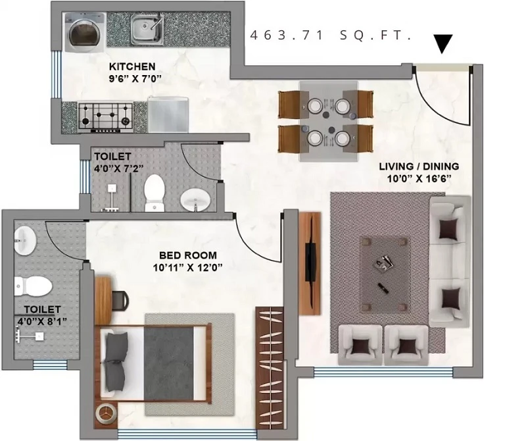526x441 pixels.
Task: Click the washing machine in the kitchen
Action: point(85,32)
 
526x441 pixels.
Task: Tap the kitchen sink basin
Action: point(147,30)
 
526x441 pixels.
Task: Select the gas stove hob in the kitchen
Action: point(105,117)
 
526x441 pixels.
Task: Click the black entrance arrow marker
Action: point(442,43)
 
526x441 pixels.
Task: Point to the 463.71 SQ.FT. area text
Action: point(331,36)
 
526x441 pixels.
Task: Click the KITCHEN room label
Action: point(132,66)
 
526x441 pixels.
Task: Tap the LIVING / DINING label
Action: point(419,167)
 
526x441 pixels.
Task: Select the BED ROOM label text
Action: point(188,255)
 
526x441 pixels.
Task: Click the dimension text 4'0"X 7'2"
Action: point(119,168)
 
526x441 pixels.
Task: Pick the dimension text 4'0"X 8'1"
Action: point(42,321)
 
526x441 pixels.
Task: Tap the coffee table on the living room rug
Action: point(385,272)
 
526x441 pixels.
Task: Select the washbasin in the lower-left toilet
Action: point(25,240)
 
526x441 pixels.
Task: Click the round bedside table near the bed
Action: point(106,413)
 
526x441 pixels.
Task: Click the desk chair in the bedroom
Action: point(120,299)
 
